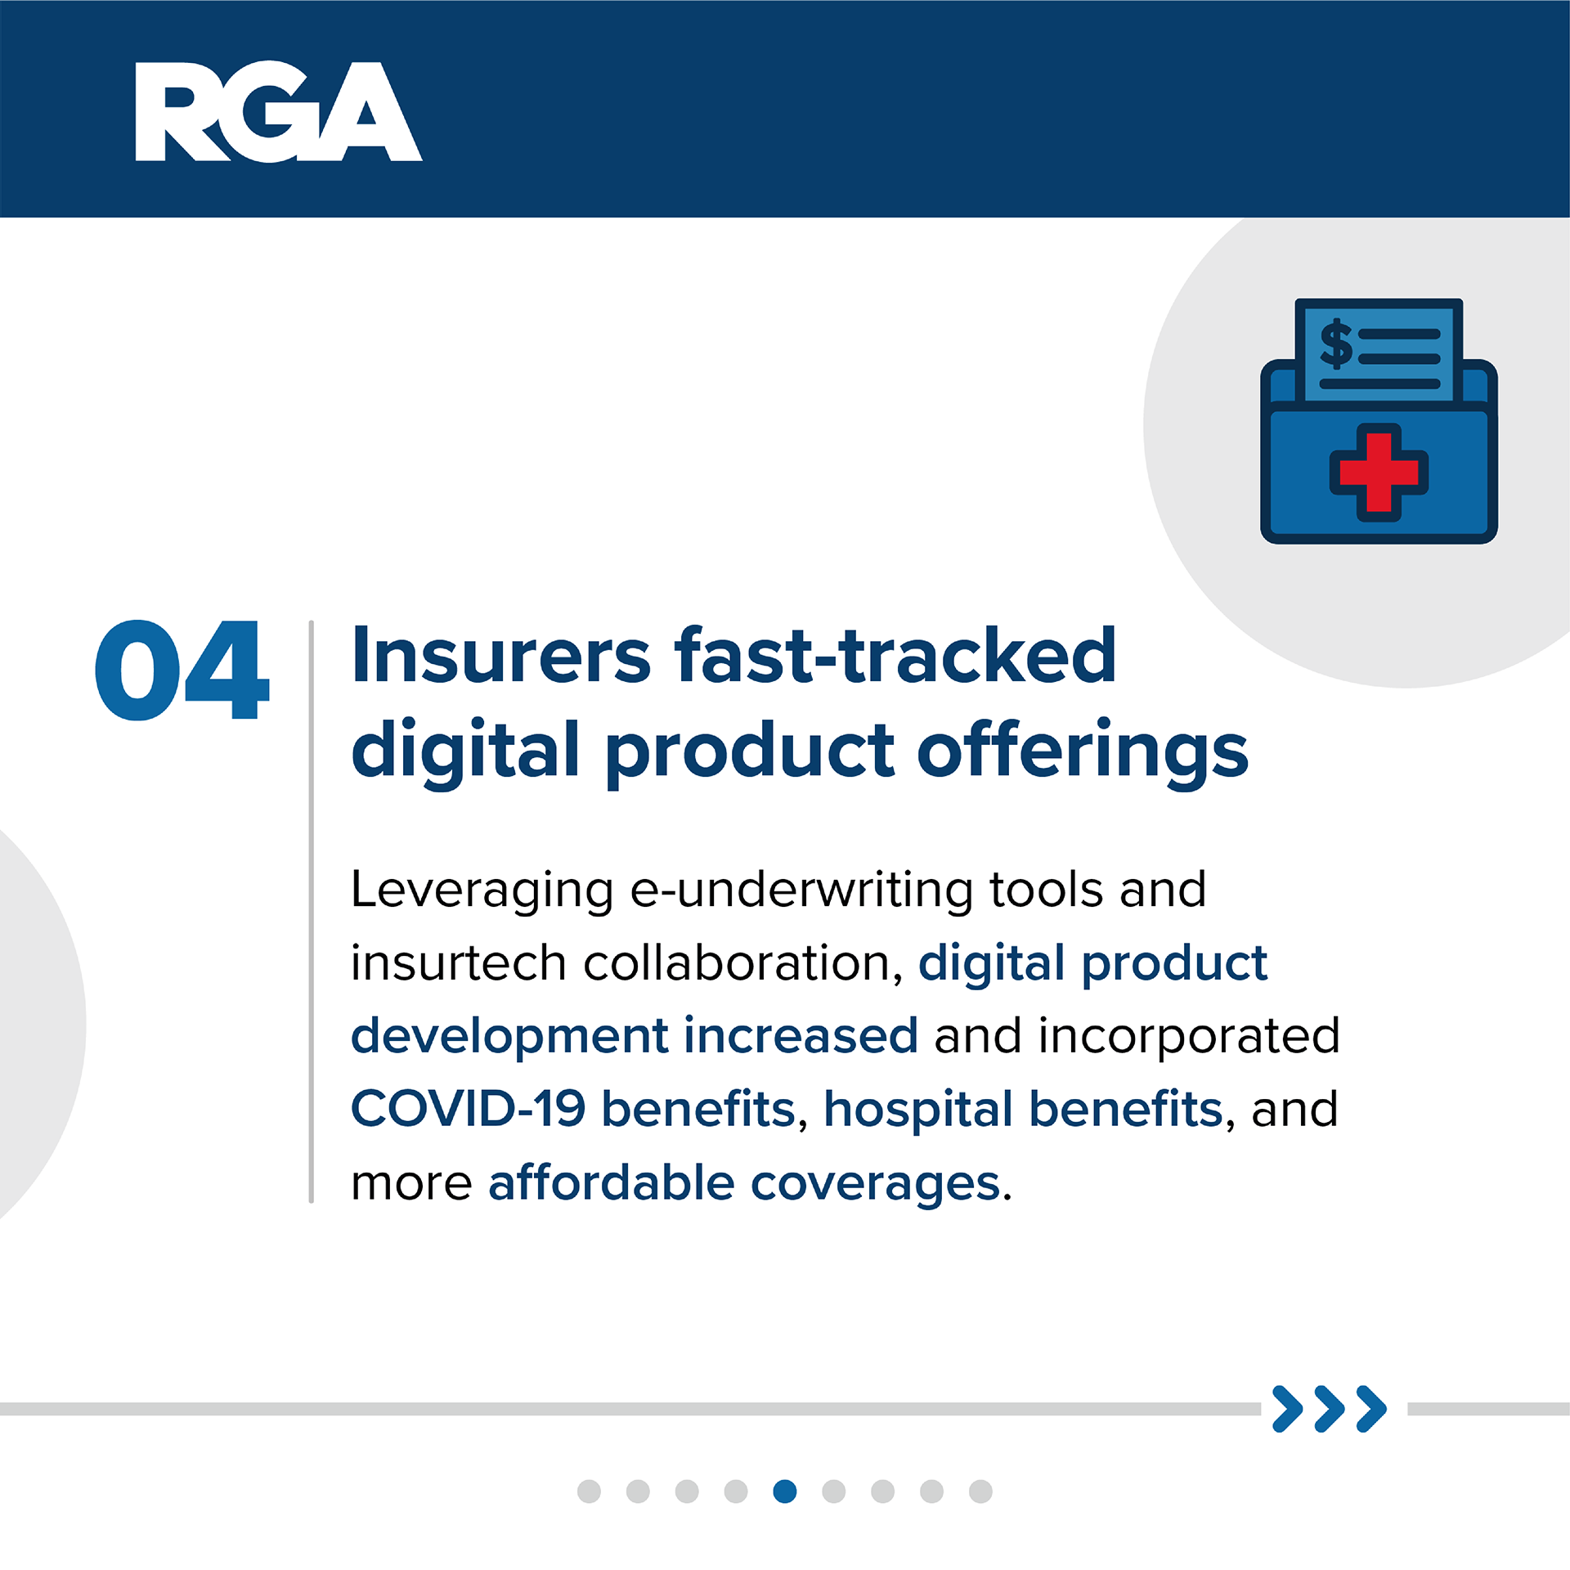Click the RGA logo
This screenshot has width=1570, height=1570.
click(x=279, y=111)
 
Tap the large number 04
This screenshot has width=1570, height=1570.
click(x=182, y=671)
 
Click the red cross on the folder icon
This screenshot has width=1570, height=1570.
click(x=1379, y=473)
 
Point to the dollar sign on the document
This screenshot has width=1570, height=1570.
click(x=1336, y=343)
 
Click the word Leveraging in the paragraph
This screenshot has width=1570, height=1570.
click(x=482, y=891)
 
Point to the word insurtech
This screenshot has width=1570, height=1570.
click(x=458, y=962)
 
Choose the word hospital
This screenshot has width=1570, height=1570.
click(x=917, y=1110)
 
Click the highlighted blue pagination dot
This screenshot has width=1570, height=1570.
click(x=785, y=1491)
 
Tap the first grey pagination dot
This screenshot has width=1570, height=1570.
click(x=589, y=1491)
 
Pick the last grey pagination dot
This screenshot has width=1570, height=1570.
click(x=980, y=1491)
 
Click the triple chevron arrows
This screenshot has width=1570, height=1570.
click(x=1330, y=1409)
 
